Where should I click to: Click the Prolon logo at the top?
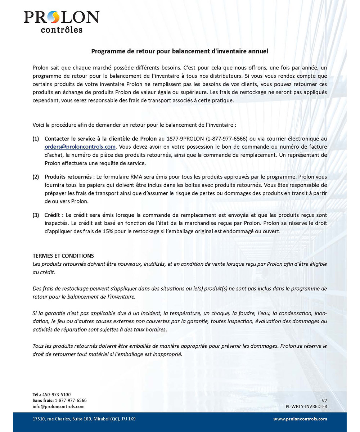[x=61, y=17]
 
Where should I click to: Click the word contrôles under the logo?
[x=61, y=29]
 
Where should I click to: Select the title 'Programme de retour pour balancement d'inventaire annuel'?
[x=180, y=51]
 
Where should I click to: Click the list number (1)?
[x=36, y=139]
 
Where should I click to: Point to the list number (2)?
[x=36, y=177]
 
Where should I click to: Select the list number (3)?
[x=36, y=215]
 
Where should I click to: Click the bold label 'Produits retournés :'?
[x=69, y=177]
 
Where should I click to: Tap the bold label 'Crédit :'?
[x=54, y=215]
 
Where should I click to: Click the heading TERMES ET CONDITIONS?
[x=63, y=256]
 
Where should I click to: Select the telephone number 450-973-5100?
[x=57, y=394]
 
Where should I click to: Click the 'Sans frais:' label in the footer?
[x=43, y=400]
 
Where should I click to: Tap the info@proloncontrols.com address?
[x=58, y=406]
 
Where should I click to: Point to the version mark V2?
[x=324, y=400]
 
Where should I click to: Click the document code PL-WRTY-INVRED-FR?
[x=306, y=406]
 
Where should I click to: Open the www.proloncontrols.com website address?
[x=300, y=419]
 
